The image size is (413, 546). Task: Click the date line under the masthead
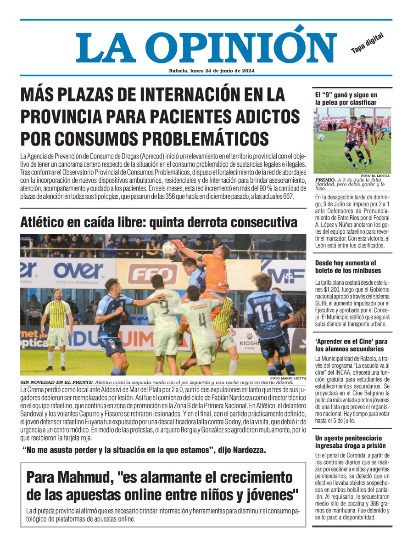(212, 71)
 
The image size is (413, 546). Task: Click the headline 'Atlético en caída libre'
(158, 223)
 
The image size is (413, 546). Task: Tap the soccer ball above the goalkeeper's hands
(169, 248)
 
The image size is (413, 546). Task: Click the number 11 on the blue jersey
(263, 314)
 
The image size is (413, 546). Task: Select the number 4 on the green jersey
(202, 319)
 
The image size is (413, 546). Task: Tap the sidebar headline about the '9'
(346, 99)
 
